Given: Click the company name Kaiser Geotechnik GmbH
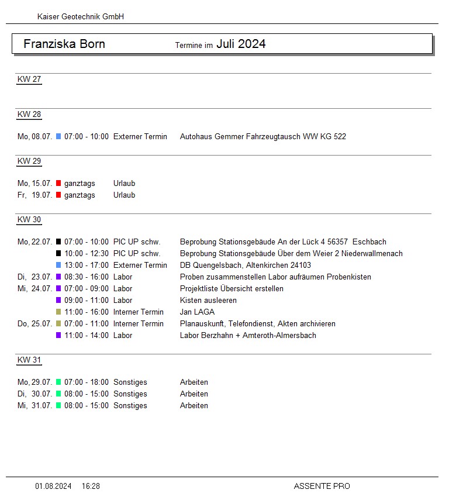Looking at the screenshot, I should [x=80, y=17].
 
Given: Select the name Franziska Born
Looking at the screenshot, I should [x=64, y=44].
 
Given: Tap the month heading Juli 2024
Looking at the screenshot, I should [x=241, y=44].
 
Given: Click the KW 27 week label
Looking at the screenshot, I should [x=29, y=80].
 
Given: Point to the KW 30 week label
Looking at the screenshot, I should [x=29, y=220].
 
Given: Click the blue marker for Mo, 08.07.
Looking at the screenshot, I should [x=58, y=137].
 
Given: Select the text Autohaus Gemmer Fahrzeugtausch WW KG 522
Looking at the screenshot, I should [x=262, y=137].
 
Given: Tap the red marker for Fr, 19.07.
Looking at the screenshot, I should [x=58, y=195].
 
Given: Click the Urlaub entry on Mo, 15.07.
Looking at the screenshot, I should [x=124, y=184].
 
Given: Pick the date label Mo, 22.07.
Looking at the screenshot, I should [x=35, y=242].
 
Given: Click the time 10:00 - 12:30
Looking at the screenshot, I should [x=87, y=254].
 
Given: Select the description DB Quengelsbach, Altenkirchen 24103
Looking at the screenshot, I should [x=246, y=265].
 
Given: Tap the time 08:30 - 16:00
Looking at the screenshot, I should [x=87, y=277].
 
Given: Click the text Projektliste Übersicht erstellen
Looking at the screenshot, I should [x=232, y=289].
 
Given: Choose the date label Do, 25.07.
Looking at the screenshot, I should [x=35, y=324].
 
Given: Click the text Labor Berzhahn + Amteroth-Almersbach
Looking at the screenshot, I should [x=248, y=336].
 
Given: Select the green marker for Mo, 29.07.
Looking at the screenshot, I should [x=58, y=382].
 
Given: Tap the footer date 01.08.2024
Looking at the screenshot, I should [x=53, y=486].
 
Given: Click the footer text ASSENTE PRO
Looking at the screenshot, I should [x=322, y=486].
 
